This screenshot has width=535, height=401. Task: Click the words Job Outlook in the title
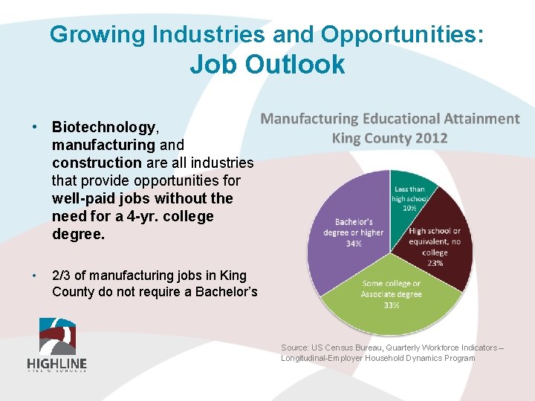[x=267, y=64]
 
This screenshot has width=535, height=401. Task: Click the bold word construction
[x=97, y=163]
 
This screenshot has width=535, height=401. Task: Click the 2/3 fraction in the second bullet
[x=62, y=274]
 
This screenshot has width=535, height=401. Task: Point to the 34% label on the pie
[x=354, y=244]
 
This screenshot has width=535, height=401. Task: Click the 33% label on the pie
[x=392, y=305]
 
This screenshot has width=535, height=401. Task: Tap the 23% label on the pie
[x=435, y=262]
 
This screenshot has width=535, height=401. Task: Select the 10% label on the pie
[x=409, y=208]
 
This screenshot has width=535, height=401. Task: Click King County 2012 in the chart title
[x=389, y=138]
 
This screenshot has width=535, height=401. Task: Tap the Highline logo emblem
[x=57, y=336]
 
